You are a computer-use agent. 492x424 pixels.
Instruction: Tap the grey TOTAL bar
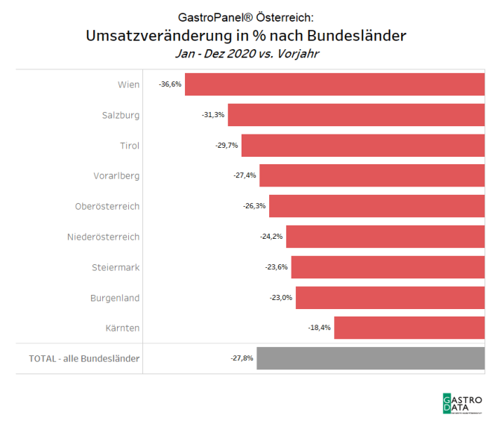370,358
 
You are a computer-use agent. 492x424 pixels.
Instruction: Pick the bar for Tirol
363,145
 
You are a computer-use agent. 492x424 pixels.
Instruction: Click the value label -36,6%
170,84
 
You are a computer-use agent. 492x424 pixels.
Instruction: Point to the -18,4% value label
319,328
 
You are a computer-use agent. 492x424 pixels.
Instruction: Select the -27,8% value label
242,358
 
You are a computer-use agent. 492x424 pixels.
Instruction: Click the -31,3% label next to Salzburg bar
213,115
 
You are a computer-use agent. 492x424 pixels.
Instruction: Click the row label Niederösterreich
103,237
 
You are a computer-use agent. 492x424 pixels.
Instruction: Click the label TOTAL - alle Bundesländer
83,358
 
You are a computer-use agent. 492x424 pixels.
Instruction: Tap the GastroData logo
462,404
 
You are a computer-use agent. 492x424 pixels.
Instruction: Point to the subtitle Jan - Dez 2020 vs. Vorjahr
246,54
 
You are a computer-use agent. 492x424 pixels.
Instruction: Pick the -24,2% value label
271,237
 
